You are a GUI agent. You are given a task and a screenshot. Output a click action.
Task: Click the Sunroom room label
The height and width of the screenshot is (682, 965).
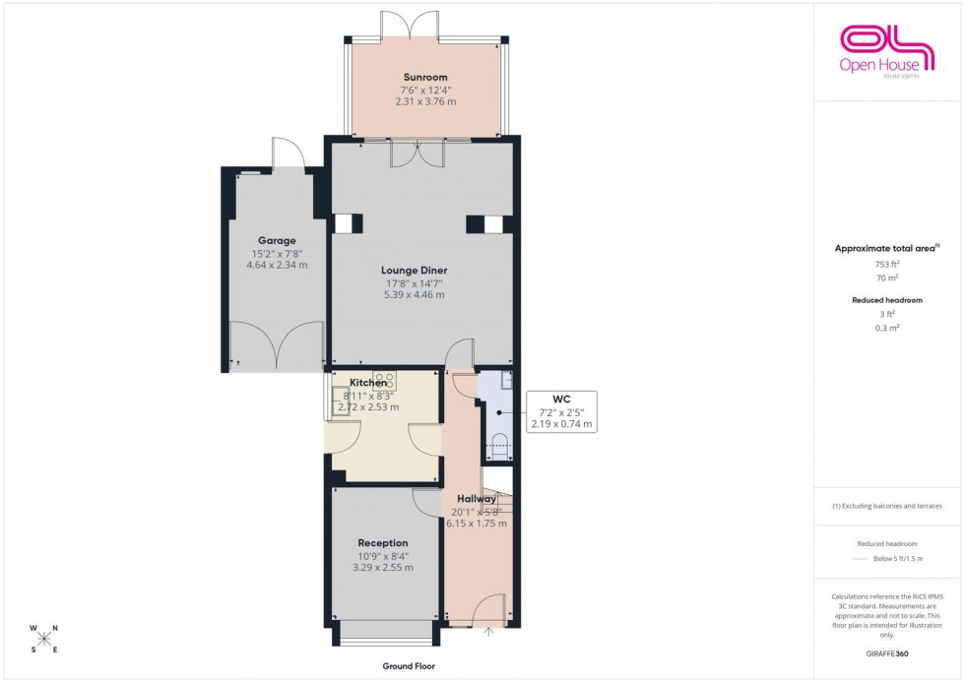tap(425, 77)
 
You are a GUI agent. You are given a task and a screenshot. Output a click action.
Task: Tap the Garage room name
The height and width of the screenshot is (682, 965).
tap(277, 240)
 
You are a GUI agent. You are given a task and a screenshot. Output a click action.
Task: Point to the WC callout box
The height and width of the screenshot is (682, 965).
tap(562, 411)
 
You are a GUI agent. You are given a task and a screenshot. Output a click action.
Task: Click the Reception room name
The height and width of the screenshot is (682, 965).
tap(383, 542)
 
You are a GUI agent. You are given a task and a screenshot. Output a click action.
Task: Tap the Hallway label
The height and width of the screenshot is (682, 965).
tap(477, 499)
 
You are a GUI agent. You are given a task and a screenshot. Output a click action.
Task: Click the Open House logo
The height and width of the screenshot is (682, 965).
tap(886, 49)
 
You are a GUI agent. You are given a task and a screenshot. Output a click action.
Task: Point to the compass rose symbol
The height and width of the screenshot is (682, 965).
tap(44, 638)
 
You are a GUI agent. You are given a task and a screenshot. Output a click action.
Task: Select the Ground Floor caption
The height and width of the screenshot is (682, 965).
tap(410, 666)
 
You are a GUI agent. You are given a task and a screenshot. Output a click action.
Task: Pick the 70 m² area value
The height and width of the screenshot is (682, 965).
tap(886, 279)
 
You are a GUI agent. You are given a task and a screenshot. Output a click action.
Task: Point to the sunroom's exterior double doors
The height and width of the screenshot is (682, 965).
tap(425, 22)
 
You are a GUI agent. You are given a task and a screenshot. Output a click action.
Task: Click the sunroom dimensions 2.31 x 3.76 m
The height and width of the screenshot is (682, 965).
tap(425, 101)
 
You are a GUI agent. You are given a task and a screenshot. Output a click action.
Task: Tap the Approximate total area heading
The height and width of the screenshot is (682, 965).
tap(886, 248)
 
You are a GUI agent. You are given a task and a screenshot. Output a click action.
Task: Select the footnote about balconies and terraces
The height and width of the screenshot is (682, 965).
tap(886, 506)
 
